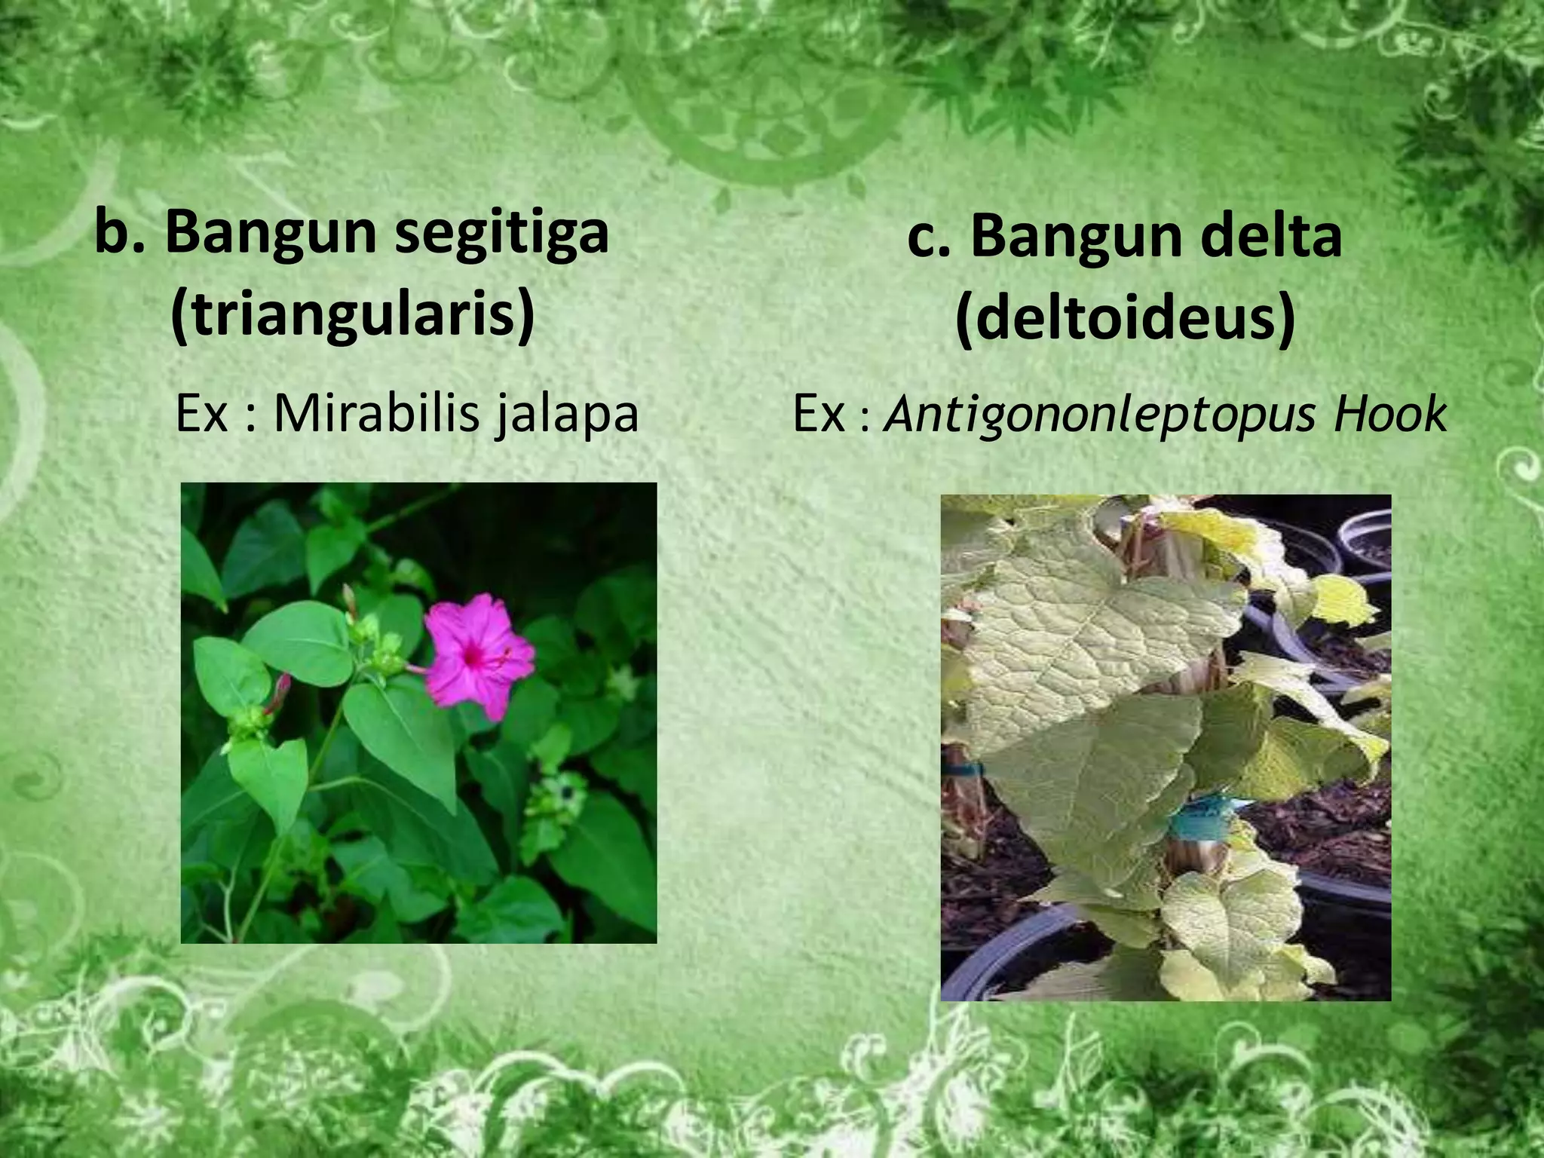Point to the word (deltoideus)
(x=1125, y=320)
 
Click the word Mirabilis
(x=375, y=414)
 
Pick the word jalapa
(x=567, y=415)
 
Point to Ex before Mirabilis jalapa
(x=202, y=414)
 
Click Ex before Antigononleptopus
(x=819, y=414)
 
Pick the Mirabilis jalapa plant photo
(x=418, y=712)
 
